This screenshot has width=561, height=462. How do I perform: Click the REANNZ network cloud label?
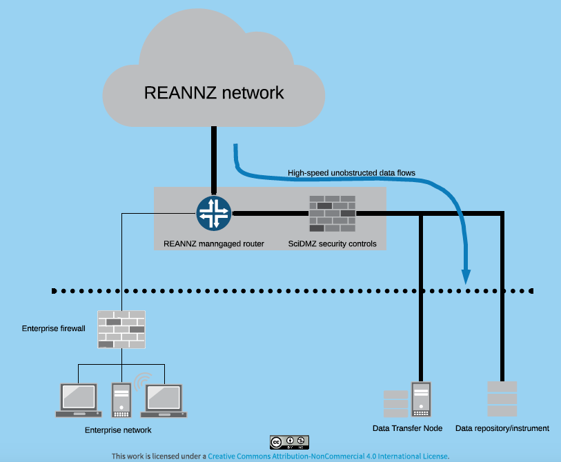pyautogui.click(x=214, y=92)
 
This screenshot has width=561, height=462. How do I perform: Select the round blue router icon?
pyautogui.click(x=214, y=213)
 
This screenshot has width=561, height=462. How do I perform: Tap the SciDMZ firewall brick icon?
pyautogui.click(x=332, y=213)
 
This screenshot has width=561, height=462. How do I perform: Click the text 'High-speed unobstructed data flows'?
pyautogui.click(x=351, y=172)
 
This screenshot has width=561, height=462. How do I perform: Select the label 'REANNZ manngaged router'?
pyautogui.click(x=214, y=243)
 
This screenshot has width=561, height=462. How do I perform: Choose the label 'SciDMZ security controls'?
pyautogui.click(x=332, y=243)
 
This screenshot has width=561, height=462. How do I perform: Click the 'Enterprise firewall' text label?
pyautogui.click(x=54, y=329)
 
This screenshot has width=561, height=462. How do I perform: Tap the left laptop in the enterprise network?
pyautogui.click(x=77, y=401)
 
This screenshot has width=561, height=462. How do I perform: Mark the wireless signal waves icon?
pyautogui.click(x=143, y=380)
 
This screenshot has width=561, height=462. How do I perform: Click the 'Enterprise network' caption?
pyautogui.click(x=118, y=430)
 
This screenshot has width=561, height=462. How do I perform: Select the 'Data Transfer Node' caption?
pyautogui.click(x=407, y=428)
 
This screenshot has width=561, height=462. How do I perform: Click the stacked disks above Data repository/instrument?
pyautogui.click(x=502, y=399)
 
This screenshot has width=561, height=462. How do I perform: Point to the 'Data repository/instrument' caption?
pyautogui.click(x=502, y=428)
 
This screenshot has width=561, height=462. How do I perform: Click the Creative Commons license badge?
pyautogui.click(x=289, y=442)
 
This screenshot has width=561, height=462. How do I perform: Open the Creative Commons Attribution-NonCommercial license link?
pyautogui.click(x=328, y=456)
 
